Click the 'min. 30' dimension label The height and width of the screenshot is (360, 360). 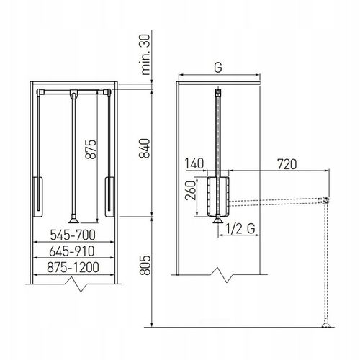point(145,55)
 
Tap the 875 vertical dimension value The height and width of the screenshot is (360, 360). point(91,149)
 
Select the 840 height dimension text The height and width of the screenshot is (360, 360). point(145,148)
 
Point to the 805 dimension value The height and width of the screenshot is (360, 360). point(145,265)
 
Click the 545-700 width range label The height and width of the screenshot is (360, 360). point(73,235)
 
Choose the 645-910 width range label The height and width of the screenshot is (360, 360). point(72,251)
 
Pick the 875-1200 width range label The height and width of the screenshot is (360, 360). point(73,267)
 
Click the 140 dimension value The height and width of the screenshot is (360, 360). point(194,163)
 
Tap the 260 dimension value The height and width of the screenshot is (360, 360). point(191,190)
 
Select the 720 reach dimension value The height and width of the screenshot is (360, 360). point(287,164)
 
